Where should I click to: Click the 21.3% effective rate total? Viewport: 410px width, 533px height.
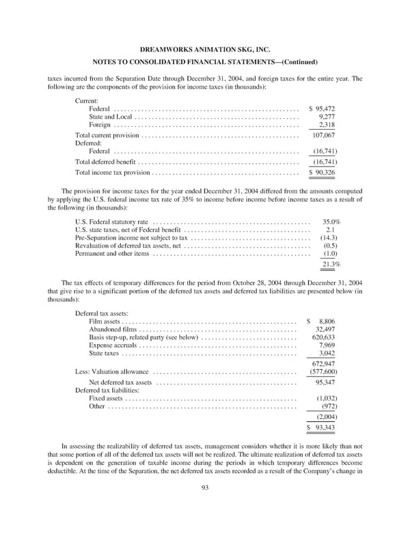tap(331, 265)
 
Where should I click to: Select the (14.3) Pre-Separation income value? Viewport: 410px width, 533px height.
tap(331, 237)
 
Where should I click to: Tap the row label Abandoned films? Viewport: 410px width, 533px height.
tap(113, 329)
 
